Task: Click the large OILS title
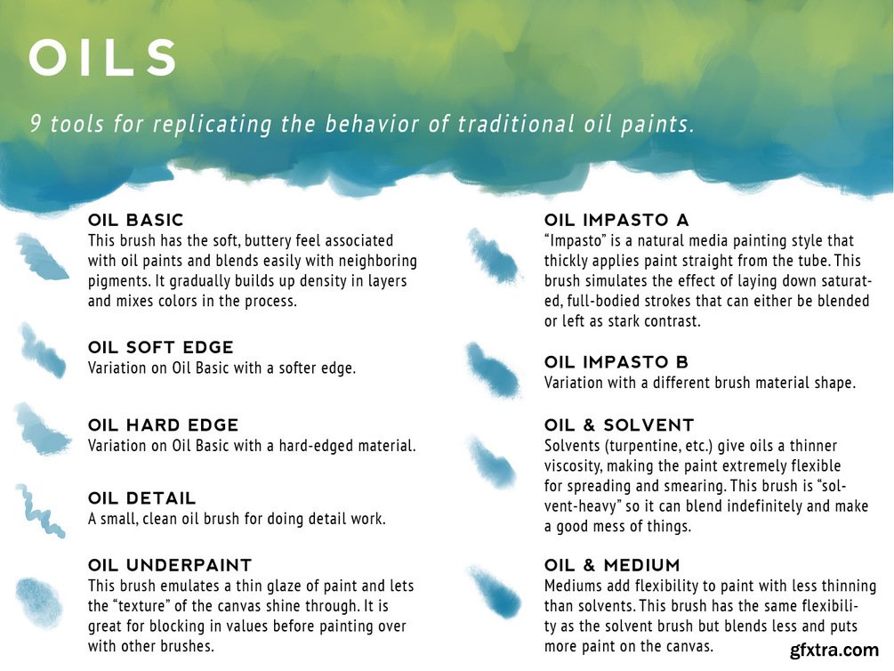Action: coord(102,57)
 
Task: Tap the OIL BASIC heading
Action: coord(136,220)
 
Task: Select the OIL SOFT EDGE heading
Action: coord(161,347)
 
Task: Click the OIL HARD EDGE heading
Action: coord(163,424)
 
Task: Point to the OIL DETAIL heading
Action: coord(142,497)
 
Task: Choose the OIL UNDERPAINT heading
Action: coord(170,565)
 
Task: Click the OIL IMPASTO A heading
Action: coord(617,220)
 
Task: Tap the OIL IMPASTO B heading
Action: coord(616,361)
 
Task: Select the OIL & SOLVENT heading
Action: coord(619,424)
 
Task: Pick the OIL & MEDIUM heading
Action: coord(612,565)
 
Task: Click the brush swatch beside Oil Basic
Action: coord(41,257)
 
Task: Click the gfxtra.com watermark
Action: coord(834,651)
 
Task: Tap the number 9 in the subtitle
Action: coord(36,123)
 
